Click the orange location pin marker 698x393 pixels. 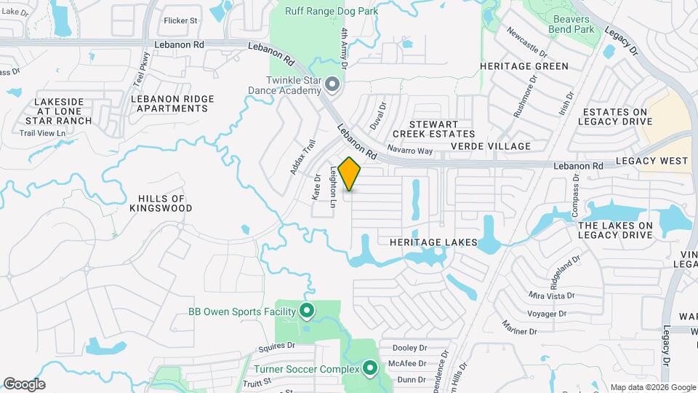(x=349, y=173)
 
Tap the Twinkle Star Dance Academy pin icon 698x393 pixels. (x=333, y=85)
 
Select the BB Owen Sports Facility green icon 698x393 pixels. (x=306, y=311)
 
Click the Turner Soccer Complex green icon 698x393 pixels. (x=370, y=369)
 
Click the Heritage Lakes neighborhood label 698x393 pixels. (x=433, y=242)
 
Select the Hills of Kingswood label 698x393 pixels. (x=160, y=203)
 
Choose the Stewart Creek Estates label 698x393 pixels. (x=433, y=129)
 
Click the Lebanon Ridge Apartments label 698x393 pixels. (x=172, y=103)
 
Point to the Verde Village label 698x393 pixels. (x=491, y=146)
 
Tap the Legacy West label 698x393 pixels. (x=651, y=160)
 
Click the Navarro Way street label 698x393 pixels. (x=410, y=151)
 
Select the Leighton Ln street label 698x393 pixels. (x=333, y=188)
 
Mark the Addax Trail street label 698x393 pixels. (x=299, y=158)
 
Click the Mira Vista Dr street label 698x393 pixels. (x=552, y=295)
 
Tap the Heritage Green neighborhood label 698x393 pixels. (x=523, y=66)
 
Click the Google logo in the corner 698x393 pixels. (x=24, y=384)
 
